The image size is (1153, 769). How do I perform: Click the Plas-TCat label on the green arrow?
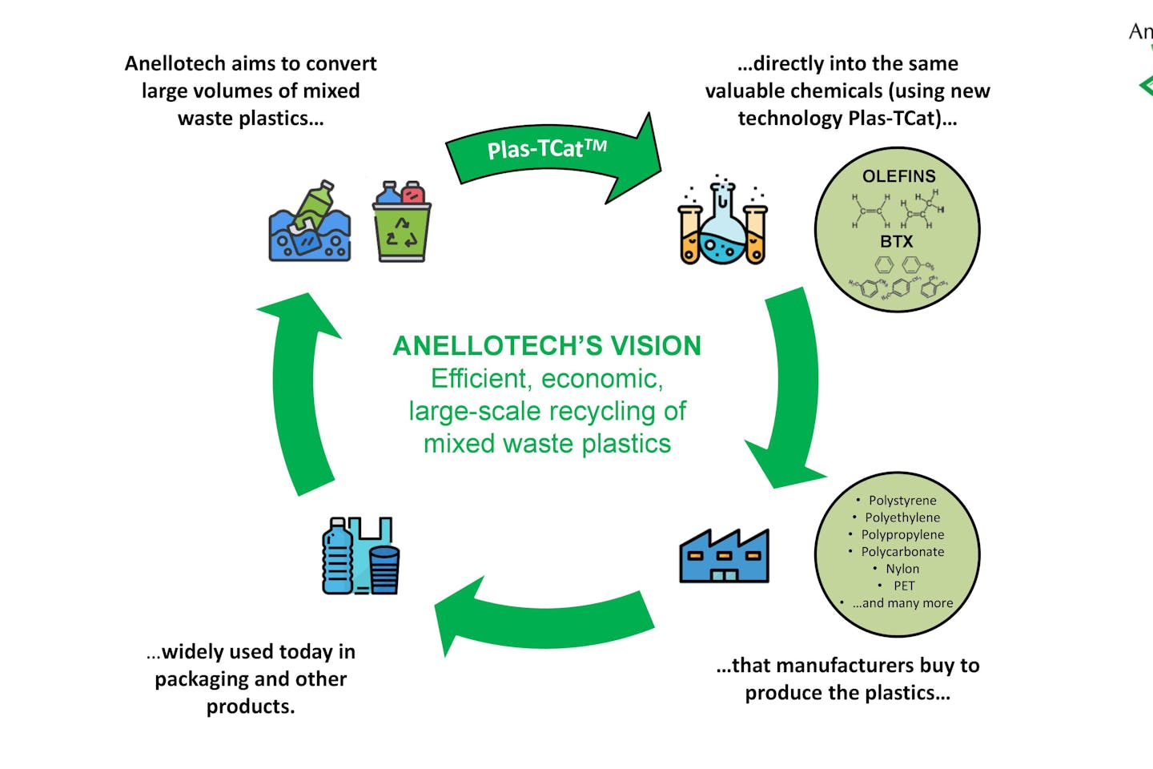pyautogui.click(x=547, y=149)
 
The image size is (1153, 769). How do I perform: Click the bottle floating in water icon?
pyautogui.click(x=310, y=222)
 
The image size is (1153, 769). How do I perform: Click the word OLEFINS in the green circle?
pyautogui.click(x=898, y=176)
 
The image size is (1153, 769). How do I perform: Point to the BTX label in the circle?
pyautogui.click(x=896, y=241)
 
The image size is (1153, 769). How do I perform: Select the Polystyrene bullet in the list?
pyautogui.click(x=902, y=501)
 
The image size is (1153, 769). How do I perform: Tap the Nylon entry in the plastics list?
pyautogui.click(x=902, y=569)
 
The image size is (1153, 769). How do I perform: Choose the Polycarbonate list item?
pyautogui.click(x=902, y=552)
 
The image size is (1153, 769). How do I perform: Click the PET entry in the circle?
pyautogui.click(x=904, y=586)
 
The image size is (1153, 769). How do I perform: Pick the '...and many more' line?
pyautogui.click(x=902, y=603)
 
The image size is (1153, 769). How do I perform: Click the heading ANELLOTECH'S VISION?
pyautogui.click(x=547, y=346)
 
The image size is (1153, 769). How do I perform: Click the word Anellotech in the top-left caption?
pyautogui.click(x=175, y=64)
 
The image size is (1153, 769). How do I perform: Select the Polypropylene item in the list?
pyautogui.click(x=902, y=535)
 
